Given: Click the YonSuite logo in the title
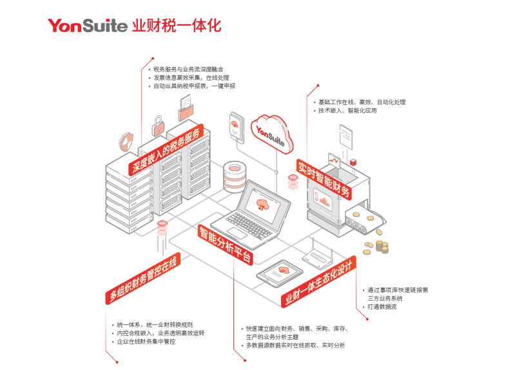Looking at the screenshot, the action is click(x=88, y=26).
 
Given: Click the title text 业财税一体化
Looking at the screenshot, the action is click(x=177, y=26).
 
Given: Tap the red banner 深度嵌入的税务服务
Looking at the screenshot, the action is click(x=166, y=150).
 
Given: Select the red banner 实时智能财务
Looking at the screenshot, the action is click(x=324, y=179).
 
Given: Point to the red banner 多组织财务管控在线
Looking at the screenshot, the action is click(x=143, y=278).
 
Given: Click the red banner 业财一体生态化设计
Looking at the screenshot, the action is click(x=318, y=281).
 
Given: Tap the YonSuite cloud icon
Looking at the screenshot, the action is click(x=272, y=134).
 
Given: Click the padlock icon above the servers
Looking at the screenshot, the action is click(x=158, y=126).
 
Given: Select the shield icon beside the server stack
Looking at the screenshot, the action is click(x=126, y=142).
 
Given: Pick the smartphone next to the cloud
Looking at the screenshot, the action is click(x=237, y=127).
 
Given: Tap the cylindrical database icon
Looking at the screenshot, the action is click(x=234, y=177).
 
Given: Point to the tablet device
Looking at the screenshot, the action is click(x=280, y=273).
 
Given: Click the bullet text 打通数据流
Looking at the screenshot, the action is click(x=382, y=307).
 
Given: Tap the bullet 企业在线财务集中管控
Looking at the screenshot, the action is click(x=146, y=342).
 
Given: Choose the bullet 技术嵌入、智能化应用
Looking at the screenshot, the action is click(x=348, y=111).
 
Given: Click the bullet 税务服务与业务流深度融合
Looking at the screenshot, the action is click(x=188, y=69).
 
